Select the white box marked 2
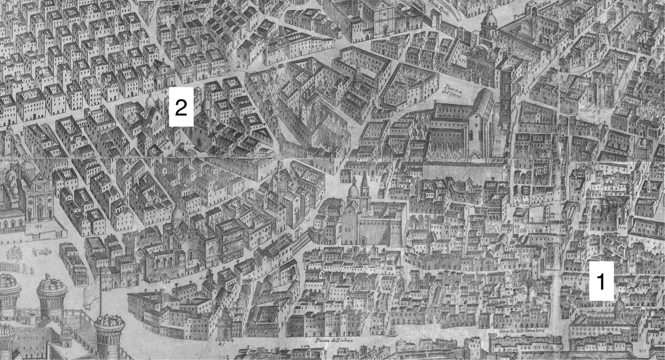tap(181, 107)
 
